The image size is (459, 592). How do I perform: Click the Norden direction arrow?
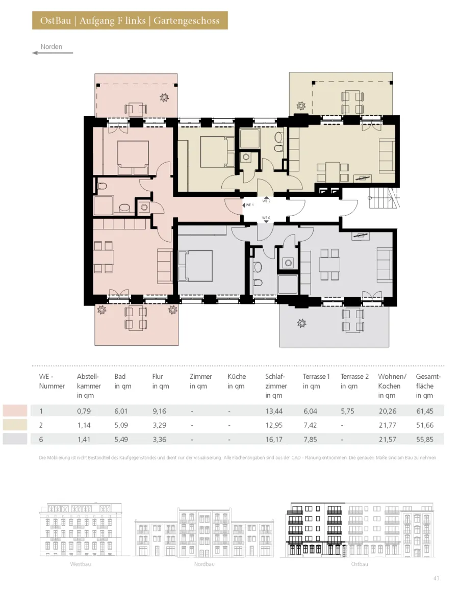pos(53,53)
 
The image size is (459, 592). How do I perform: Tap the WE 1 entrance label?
pos(249,205)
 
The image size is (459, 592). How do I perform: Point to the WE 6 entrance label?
pos(266,218)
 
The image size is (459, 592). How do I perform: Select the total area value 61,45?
pos(425,411)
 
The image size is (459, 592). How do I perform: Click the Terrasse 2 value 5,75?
pos(347,411)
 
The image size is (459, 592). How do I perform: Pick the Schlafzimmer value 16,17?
pos(274,440)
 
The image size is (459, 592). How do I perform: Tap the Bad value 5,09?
pos(121,425)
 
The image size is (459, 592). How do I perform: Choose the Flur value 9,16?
pos(159,411)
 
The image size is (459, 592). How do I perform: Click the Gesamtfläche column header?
pos(428,386)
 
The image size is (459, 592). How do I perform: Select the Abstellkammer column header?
pos(89,386)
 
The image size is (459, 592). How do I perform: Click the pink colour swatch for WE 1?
pos(15,411)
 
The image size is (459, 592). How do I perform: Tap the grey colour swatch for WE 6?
pos(15,439)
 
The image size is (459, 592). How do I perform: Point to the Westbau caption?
pos(81,564)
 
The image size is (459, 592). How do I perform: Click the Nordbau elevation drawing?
pos(204,532)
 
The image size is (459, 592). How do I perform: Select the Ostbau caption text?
pos(360,564)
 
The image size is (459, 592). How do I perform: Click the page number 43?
pos(437,578)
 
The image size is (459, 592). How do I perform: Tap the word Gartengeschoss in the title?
pos(187,20)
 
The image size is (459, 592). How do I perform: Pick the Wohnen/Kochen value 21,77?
pos(387,425)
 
